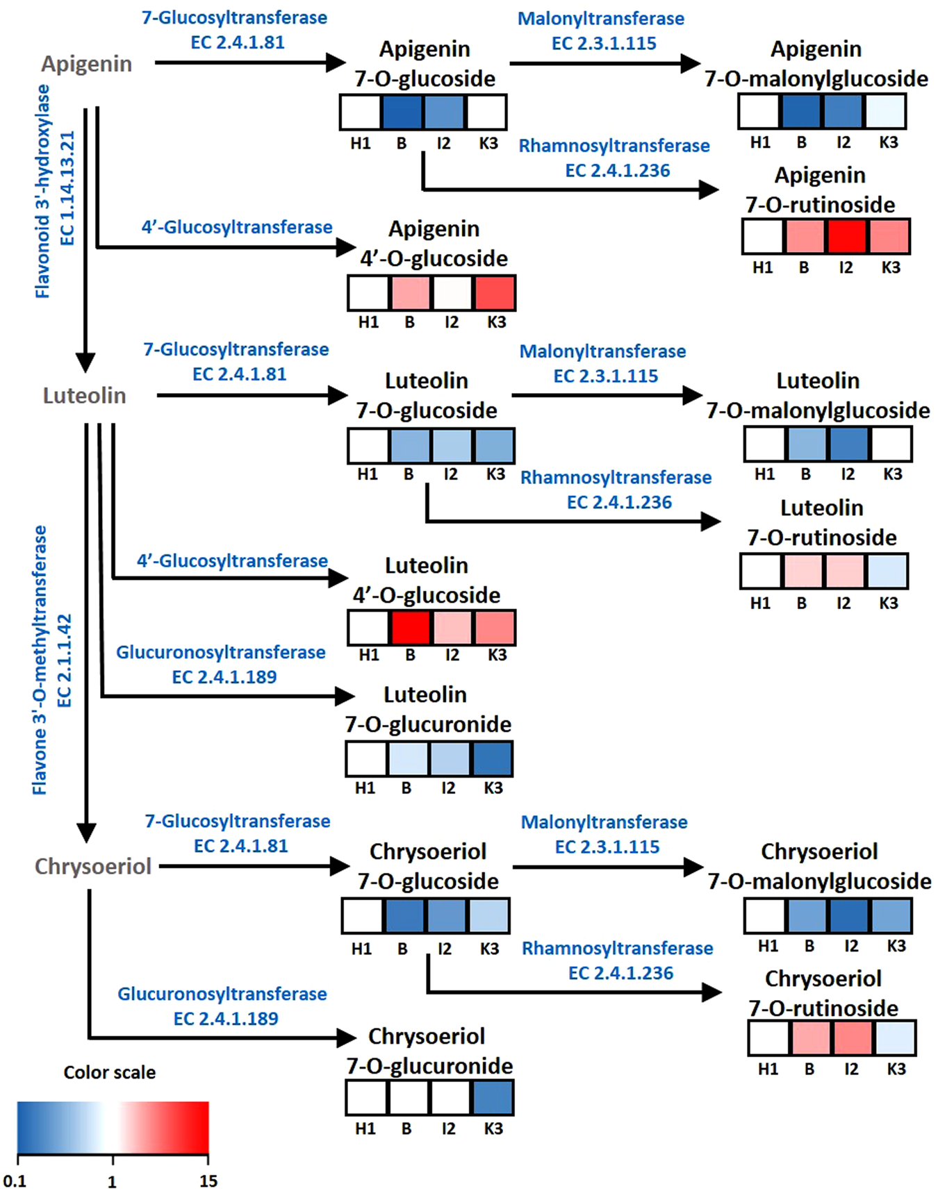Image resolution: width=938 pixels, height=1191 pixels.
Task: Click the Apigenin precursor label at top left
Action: pos(86,64)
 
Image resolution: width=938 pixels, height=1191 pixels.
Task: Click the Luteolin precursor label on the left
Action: pos(85,396)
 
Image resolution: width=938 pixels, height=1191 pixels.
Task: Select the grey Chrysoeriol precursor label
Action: pos(92,867)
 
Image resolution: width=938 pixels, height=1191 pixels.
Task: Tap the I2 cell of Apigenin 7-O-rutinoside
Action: pos(847,236)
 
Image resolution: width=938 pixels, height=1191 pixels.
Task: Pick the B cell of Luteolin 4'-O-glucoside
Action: pos(411,627)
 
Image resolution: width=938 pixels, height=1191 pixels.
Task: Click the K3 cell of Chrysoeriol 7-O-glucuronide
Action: pos(493,1098)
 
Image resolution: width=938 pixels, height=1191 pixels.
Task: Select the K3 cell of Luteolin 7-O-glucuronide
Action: pos(493,758)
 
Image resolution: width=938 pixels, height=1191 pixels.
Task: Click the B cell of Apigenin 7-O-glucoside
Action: pos(402,113)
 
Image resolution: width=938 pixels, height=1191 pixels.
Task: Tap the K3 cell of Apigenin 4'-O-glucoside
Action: pos(495,292)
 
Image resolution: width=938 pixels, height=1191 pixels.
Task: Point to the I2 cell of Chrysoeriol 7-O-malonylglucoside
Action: pos(849,915)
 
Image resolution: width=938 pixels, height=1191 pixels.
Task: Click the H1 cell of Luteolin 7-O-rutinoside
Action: pos(761,571)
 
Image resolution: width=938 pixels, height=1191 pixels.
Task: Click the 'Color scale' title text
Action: pos(110,1072)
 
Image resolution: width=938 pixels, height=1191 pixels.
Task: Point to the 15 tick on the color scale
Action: pos(208,1181)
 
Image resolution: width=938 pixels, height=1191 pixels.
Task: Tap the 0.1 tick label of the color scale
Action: pos(15,1181)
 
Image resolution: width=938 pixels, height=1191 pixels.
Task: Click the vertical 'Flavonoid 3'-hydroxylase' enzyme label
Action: pos(42,192)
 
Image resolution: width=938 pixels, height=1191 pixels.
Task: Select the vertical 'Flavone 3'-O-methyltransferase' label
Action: pos(40,660)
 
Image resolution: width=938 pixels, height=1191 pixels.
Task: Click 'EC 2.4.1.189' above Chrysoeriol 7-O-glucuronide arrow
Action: pos(225,1019)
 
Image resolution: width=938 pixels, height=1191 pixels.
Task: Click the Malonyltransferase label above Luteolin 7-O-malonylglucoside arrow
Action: pos(602,351)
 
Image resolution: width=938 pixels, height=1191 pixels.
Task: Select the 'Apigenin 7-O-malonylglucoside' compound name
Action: pos(816,64)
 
